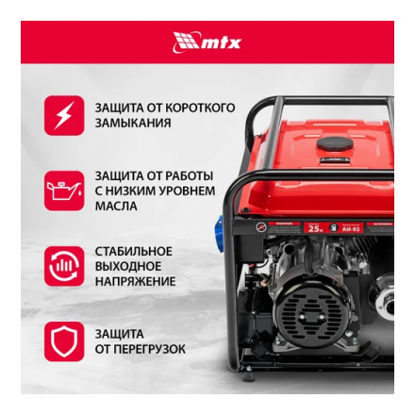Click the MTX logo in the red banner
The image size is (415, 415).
(x=207, y=41)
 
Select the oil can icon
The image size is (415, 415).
(x=63, y=190)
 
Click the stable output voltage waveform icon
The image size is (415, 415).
(x=63, y=266)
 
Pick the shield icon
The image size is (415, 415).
(x=63, y=341)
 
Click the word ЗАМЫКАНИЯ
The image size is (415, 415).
(x=132, y=124)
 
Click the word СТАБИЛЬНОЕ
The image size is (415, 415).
(x=133, y=251)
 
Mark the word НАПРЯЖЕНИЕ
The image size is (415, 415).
(x=135, y=281)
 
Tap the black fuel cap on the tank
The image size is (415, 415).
(x=334, y=145)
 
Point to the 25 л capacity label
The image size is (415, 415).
(x=314, y=227)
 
